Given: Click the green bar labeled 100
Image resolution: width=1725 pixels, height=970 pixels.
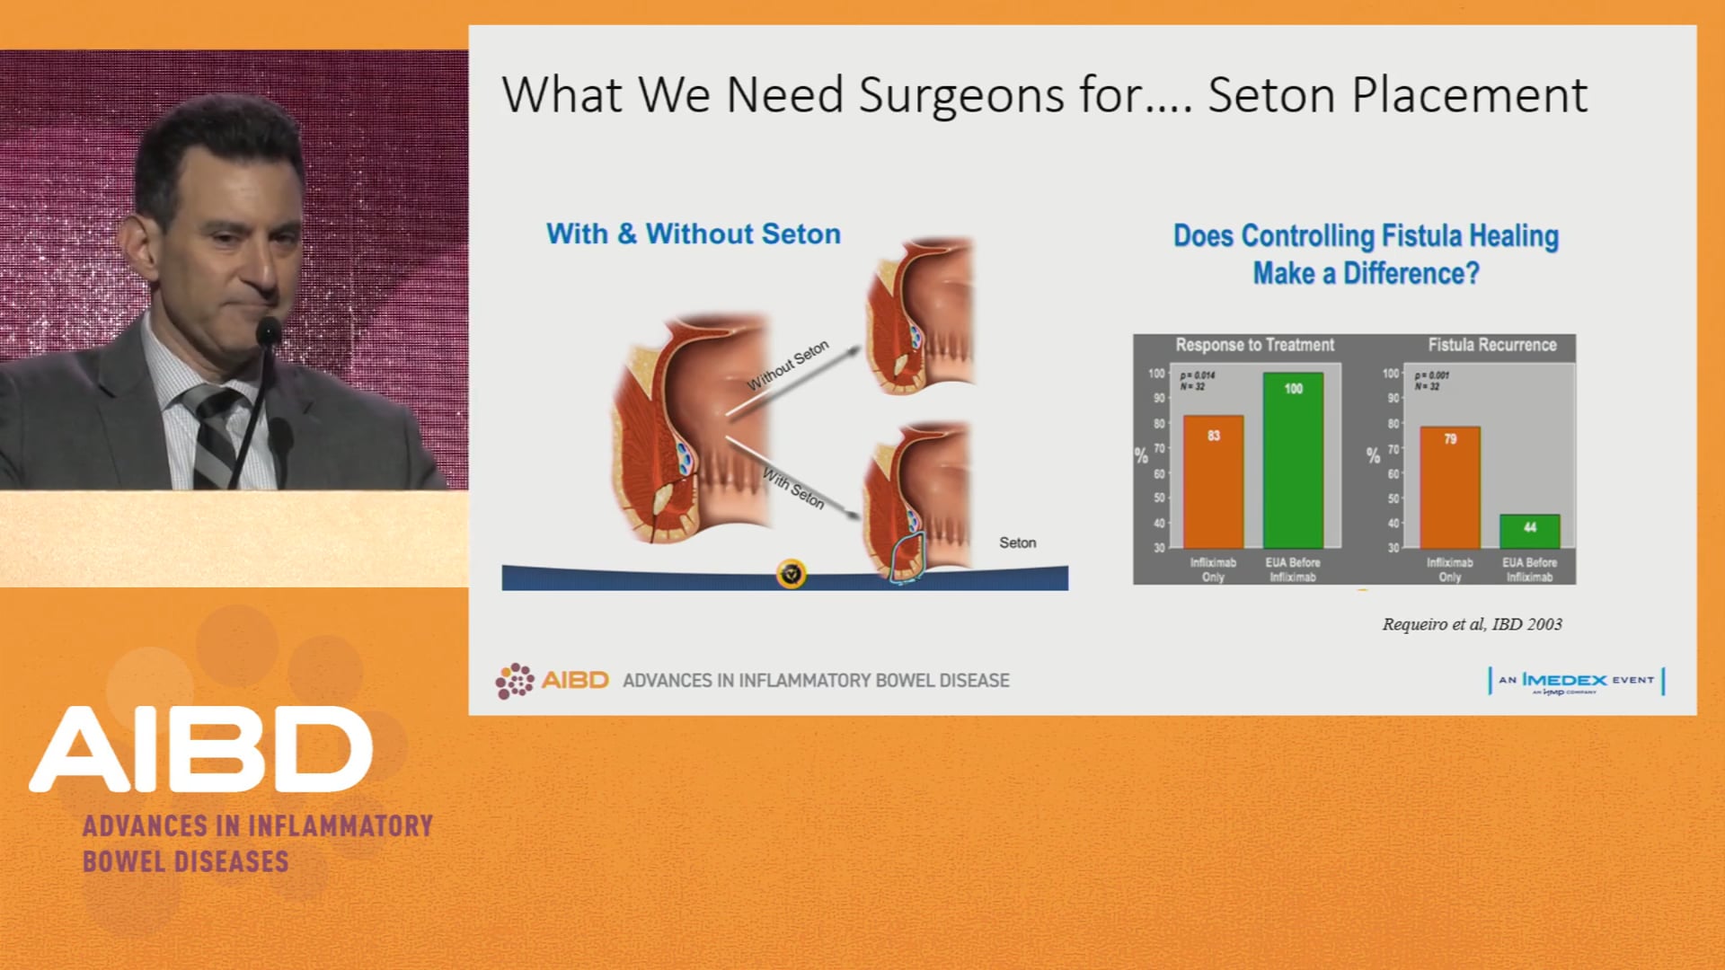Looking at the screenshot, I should tap(1292, 460).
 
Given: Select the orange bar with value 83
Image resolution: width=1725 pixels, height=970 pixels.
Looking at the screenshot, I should tap(1213, 482).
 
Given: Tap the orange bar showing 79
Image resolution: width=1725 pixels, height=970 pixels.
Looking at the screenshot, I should tap(1449, 488).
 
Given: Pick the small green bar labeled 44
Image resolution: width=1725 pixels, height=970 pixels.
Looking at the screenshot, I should tap(1529, 531).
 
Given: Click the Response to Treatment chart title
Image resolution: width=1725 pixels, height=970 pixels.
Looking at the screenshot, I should tap(1254, 345).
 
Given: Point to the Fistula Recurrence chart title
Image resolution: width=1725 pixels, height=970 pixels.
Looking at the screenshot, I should tap(1491, 345).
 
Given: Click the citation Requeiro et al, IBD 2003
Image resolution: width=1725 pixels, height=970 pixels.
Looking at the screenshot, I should tap(1472, 624).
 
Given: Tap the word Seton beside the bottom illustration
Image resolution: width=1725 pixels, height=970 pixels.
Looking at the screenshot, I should tap(1017, 542).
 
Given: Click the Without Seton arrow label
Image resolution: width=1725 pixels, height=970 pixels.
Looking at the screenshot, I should tap(787, 366).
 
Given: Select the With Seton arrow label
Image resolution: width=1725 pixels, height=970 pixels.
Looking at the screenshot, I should tap(793, 489).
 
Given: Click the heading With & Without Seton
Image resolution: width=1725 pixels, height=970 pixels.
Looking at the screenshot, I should tap(693, 234).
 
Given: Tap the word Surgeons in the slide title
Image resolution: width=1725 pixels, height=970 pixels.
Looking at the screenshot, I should tap(960, 95).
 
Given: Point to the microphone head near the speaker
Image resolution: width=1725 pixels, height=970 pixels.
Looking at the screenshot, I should tap(268, 331).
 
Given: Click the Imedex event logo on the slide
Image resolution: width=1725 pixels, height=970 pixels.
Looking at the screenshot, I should tap(1577, 681).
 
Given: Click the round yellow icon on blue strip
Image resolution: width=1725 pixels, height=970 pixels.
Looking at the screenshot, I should tap(791, 573).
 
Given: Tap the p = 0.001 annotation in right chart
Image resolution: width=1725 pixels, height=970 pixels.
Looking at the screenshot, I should tap(1431, 375).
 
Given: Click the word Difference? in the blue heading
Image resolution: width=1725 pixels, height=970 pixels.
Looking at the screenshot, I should tap(1411, 273).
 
